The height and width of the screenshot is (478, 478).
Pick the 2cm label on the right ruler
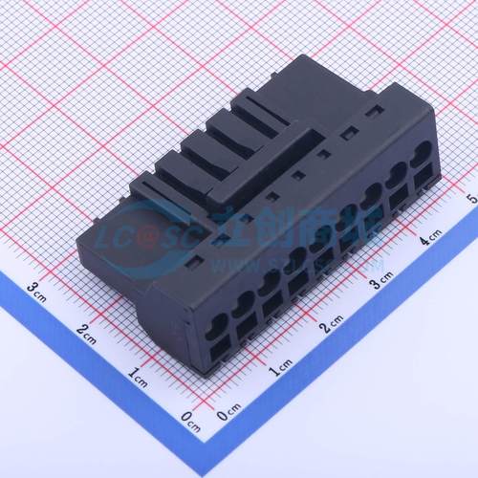pos(331,325)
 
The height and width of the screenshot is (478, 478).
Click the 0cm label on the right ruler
pos(228,414)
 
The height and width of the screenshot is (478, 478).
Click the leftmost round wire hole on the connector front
pos(219,321)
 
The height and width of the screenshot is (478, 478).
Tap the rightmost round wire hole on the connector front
pos(421,151)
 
